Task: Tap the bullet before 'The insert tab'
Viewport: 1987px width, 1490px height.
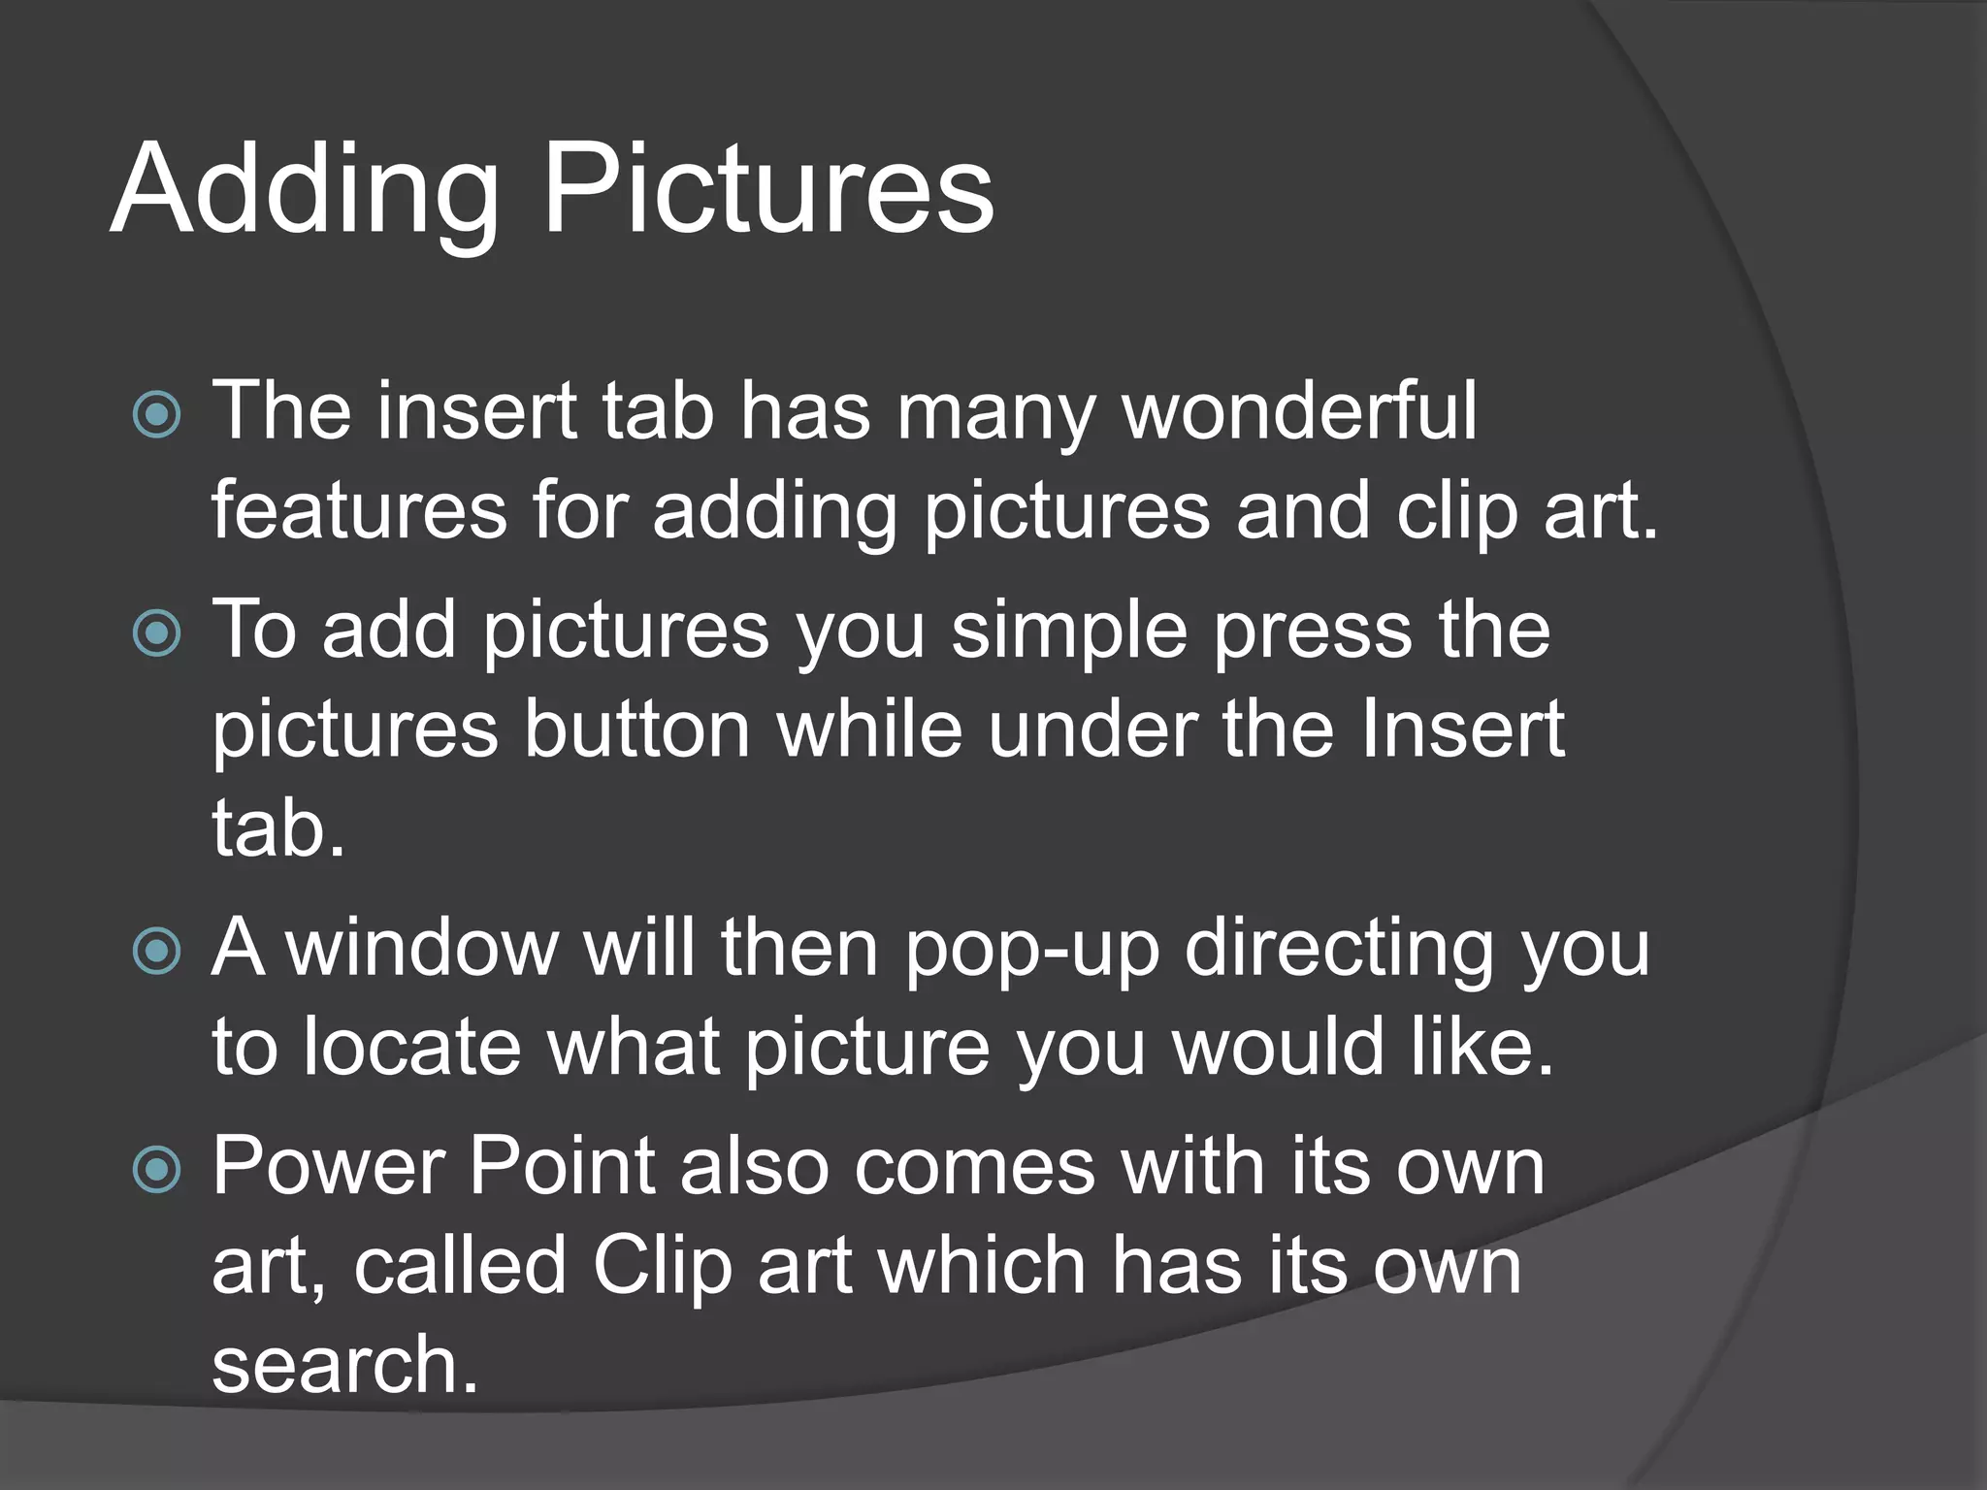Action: click(x=156, y=415)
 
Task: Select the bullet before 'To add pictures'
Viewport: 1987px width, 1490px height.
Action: click(x=156, y=633)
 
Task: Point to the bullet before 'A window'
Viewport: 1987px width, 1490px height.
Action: click(x=156, y=951)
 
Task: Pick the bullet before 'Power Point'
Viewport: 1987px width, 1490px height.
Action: click(x=156, y=1169)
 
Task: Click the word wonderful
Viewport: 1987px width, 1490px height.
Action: click(x=1299, y=411)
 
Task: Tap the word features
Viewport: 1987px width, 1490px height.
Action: click(x=359, y=511)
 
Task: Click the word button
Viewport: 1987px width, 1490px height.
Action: click(x=637, y=729)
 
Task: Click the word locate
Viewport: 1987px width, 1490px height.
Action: click(x=411, y=1048)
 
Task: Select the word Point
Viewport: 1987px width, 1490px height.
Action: click(x=562, y=1167)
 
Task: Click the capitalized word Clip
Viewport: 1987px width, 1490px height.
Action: click(x=662, y=1268)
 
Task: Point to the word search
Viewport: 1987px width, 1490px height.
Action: click(x=344, y=1365)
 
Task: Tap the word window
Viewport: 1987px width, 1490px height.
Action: click(x=423, y=949)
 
